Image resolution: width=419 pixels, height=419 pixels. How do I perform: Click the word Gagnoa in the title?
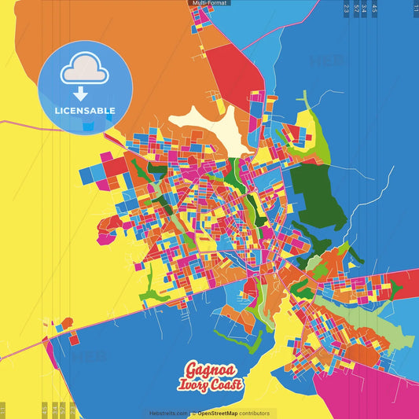click(x=211, y=369)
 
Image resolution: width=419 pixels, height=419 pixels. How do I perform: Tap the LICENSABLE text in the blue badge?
click(x=85, y=110)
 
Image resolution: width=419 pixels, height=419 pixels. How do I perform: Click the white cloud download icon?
click(x=84, y=73)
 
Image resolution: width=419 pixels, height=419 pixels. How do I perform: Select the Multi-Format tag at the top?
click(x=208, y=3)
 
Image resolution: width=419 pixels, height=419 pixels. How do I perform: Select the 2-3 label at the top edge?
click(x=346, y=8)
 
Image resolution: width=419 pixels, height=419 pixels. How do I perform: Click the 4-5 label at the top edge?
click(x=374, y=8)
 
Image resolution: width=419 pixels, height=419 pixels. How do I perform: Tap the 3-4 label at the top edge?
click(x=364, y=8)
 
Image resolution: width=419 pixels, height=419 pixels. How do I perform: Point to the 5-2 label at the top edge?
click(x=356, y=8)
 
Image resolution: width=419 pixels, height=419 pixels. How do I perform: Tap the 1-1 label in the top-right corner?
click(x=415, y=8)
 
